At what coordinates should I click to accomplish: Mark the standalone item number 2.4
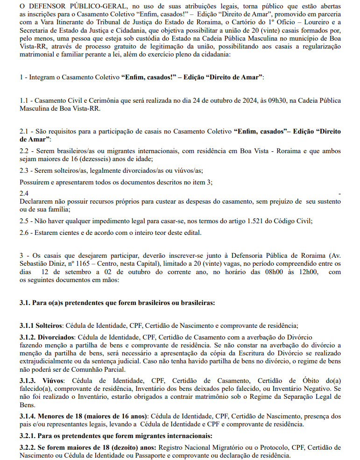[24, 193]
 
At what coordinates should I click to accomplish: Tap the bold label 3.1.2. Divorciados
[47, 337]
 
